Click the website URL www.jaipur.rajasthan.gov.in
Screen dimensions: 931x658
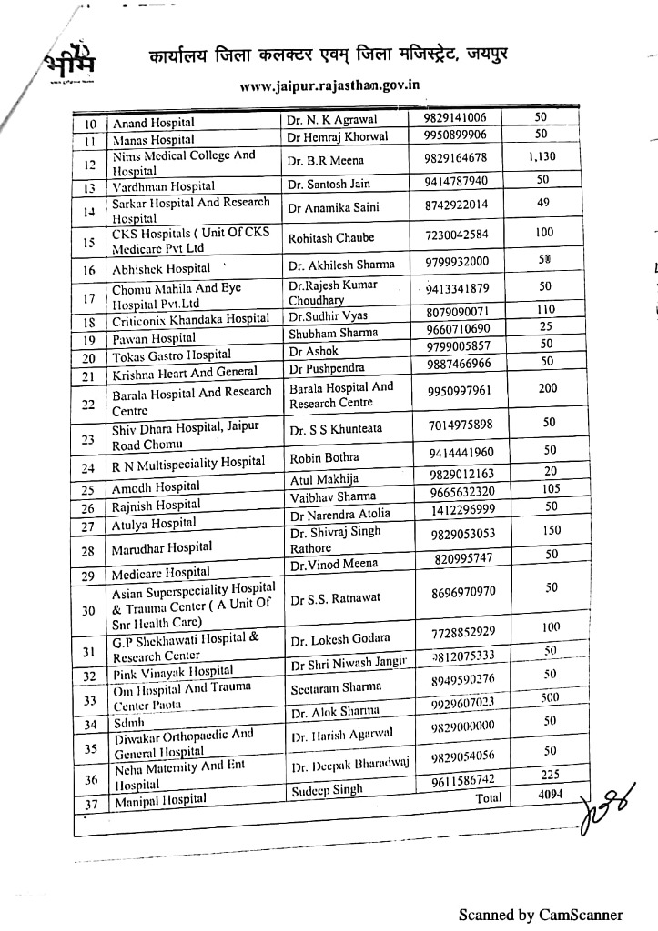pyautogui.click(x=329, y=88)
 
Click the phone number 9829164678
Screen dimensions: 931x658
pyautogui.click(x=455, y=157)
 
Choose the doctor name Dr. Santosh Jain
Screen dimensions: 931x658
pyautogui.click(x=329, y=184)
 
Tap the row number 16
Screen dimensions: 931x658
pyautogui.click(x=89, y=270)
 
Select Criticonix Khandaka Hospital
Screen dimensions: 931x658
pyautogui.click(x=190, y=319)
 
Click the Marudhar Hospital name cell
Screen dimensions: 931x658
pyautogui.click(x=162, y=547)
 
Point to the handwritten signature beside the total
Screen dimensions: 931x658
pyautogui.click(x=602, y=812)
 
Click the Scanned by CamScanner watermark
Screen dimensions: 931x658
pyautogui.click(x=541, y=915)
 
